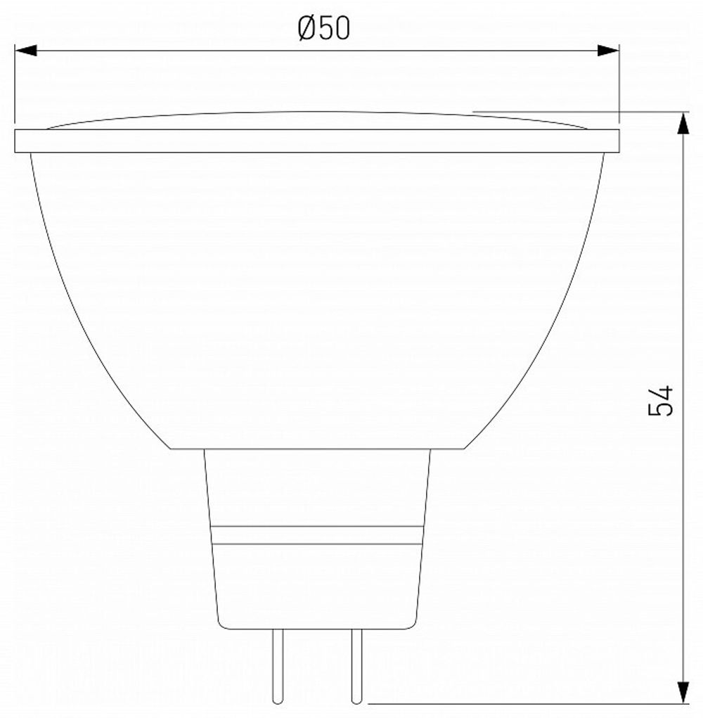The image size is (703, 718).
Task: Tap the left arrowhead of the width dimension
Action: click(25, 51)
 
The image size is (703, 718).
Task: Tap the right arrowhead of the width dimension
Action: click(608, 51)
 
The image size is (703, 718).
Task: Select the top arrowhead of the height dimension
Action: click(683, 122)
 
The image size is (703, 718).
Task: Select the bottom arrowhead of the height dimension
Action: click(683, 692)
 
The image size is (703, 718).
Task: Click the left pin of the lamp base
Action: click(278, 665)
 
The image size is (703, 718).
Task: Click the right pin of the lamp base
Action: click(356, 665)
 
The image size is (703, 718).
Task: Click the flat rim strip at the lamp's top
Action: click(316, 141)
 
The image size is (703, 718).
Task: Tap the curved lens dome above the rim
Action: click(316, 120)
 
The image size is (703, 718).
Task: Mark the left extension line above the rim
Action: click(15, 84)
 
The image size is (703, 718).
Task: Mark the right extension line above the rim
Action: click(619, 84)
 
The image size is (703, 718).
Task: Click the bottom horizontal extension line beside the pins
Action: click(527, 703)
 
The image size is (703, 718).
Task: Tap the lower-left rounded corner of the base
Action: click(221, 624)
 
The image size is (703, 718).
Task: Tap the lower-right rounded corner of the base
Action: click(414, 624)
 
